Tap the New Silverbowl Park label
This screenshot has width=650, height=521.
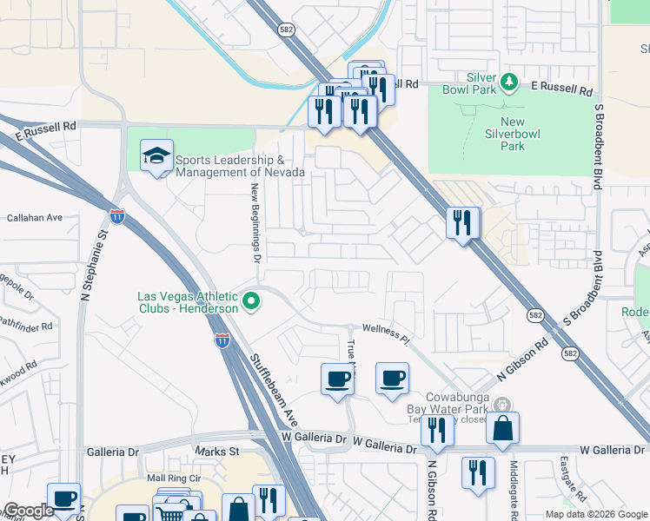[513, 135]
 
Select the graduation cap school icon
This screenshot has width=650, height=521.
[156, 156]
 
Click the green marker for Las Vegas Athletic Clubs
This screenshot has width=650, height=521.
[251, 302]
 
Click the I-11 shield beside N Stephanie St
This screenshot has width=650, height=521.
[116, 214]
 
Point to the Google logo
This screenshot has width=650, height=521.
[29, 511]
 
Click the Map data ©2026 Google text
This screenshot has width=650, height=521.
[595, 514]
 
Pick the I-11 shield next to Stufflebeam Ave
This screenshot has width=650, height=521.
[222, 340]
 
